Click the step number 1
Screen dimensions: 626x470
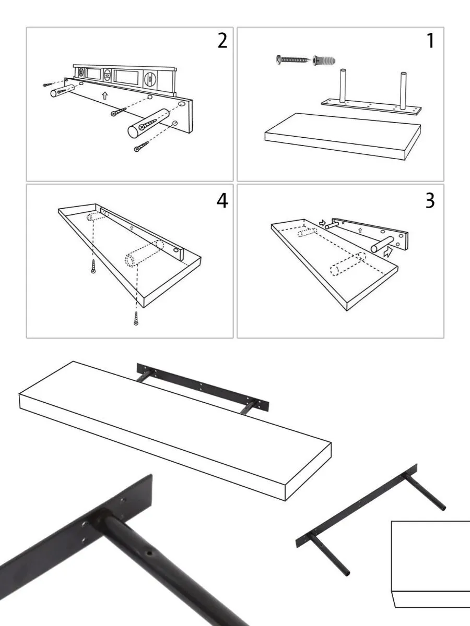click(430, 41)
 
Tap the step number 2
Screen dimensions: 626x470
click(222, 41)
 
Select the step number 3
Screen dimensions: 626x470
click(430, 200)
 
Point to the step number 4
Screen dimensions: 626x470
click(222, 200)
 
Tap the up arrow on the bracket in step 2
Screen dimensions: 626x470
click(104, 95)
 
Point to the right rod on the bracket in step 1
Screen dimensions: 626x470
click(404, 90)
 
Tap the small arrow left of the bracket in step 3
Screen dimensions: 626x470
click(322, 223)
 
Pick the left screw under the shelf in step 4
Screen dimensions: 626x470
click(93, 266)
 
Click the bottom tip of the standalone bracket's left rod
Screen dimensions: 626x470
click(346, 573)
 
